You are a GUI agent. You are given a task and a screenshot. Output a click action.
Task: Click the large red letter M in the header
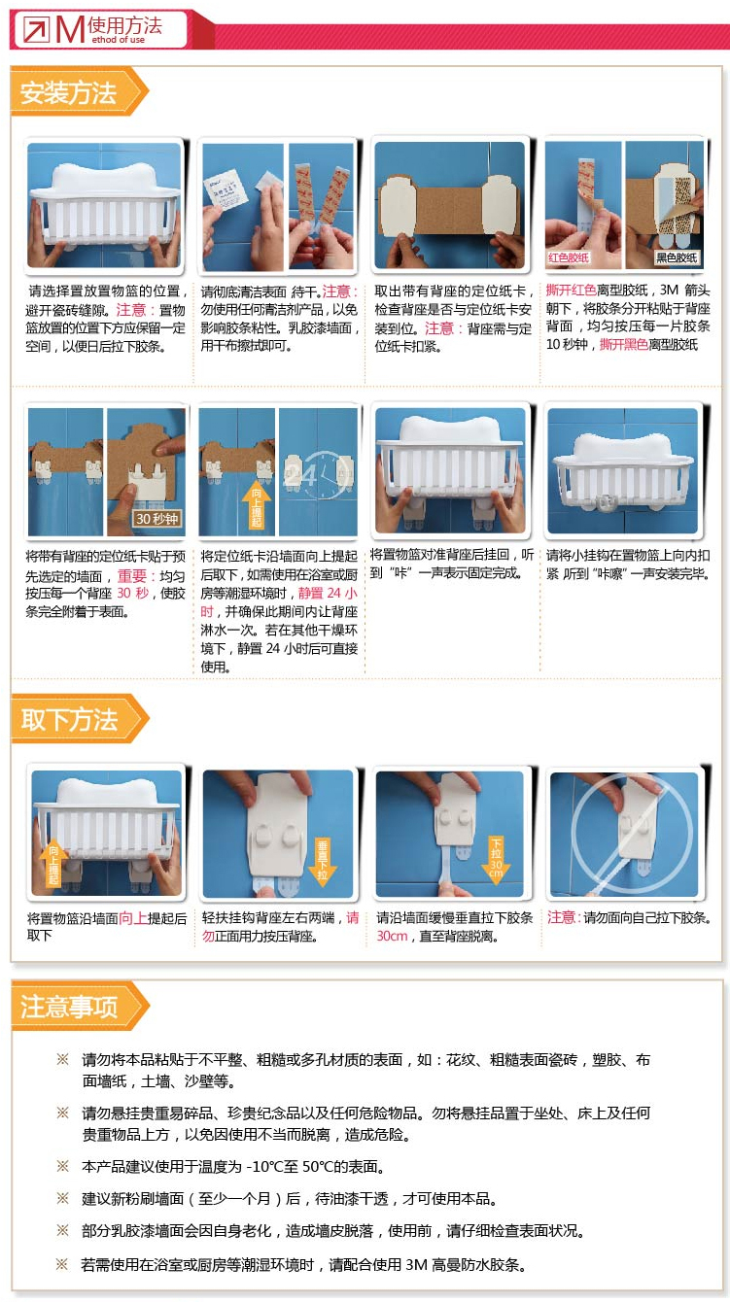coord(70,29)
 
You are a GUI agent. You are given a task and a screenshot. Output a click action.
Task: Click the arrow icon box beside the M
coord(36,29)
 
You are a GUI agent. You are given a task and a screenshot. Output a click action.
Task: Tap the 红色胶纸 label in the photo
coord(569,257)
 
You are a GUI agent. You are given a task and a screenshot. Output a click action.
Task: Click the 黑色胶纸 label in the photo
coord(676,257)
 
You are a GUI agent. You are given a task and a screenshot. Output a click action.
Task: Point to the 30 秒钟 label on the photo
coord(156,519)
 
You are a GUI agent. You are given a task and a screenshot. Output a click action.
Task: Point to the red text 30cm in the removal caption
coord(392,936)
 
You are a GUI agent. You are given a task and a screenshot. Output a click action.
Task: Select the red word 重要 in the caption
coord(132,575)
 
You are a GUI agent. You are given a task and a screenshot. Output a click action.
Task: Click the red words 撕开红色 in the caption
coord(571,290)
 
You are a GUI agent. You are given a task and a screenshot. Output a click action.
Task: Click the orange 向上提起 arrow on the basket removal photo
coord(53,862)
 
